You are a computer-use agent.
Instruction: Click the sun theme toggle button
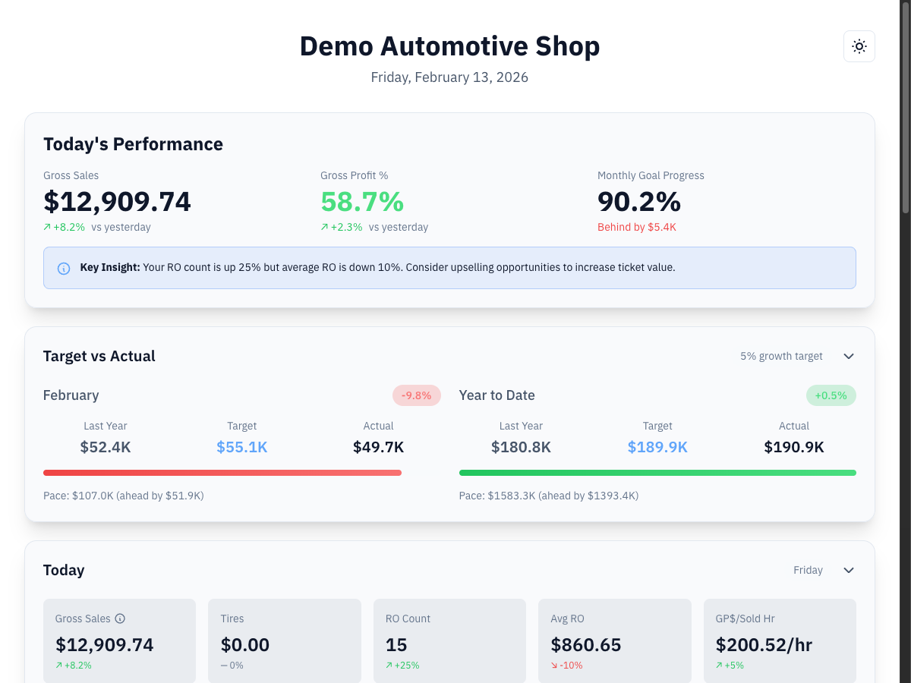point(859,46)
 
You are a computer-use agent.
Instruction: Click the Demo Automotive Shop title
point(449,46)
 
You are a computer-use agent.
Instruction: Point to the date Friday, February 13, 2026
point(449,77)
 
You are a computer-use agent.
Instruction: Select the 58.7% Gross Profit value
point(362,202)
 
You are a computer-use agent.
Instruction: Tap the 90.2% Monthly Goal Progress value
point(638,202)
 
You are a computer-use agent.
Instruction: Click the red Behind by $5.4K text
point(636,228)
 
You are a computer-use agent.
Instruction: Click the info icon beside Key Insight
point(64,268)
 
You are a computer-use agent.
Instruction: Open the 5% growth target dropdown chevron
point(849,357)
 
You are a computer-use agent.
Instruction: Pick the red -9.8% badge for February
point(416,395)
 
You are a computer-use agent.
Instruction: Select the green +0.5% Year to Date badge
point(831,395)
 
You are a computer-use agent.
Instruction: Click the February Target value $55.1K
point(241,447)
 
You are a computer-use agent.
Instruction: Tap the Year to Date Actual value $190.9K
point(793,447)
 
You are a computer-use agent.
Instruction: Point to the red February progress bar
point(222,473)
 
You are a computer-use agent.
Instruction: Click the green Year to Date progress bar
point(657,473)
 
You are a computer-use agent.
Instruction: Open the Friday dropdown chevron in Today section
point(849,571)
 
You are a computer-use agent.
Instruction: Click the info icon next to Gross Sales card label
point(120,618)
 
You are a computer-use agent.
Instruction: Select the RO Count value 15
point(396,645)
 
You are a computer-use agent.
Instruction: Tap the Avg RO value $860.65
point(585,645)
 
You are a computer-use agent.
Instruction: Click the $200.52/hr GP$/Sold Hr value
point(764,645)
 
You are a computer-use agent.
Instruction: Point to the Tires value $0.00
point(245,645)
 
